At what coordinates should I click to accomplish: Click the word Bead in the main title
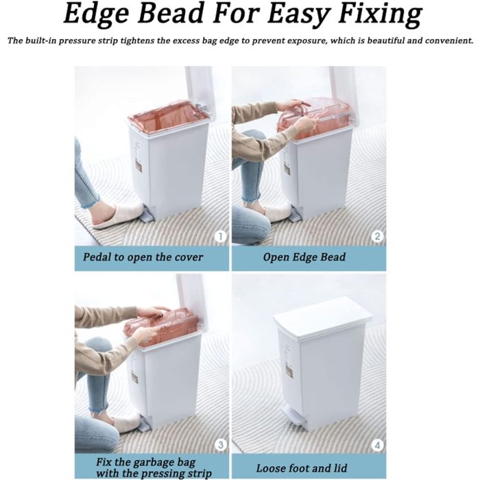coord(171,14)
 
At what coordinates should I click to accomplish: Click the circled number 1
coord(220,237)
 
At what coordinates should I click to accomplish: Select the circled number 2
coord(377,237)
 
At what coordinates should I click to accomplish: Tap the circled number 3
coord(220,445)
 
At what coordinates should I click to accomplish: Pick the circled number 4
coord(377,445)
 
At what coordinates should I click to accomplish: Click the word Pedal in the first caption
coord(97,256)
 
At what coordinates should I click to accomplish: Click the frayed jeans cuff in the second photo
coord(251,198)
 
